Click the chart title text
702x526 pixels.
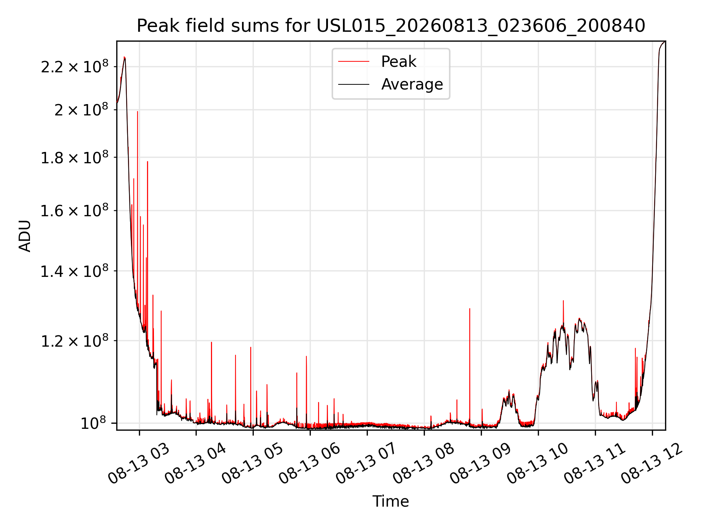tap(391, 26)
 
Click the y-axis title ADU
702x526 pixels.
tap(25, 236)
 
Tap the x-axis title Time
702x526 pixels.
tap(390, 501)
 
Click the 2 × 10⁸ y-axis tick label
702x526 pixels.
tap(81, 109)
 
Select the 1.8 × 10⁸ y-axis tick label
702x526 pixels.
tap(75, 157)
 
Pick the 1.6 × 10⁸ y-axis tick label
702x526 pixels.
tap(75, 210)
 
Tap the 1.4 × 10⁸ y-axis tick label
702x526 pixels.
tap(75, 270)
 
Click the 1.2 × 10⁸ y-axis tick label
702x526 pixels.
tap(75, 340)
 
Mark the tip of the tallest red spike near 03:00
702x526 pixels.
tap(137, 111)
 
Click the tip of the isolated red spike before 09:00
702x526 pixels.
tap(470, 309)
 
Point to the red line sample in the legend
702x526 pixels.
tap(354, 62)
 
